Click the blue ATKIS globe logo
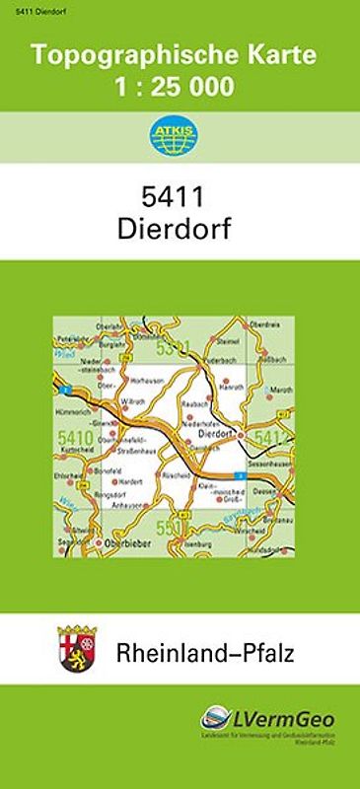180,137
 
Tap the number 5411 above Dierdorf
180,197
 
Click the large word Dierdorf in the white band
180,229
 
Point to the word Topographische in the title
125,56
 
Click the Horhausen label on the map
148,379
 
